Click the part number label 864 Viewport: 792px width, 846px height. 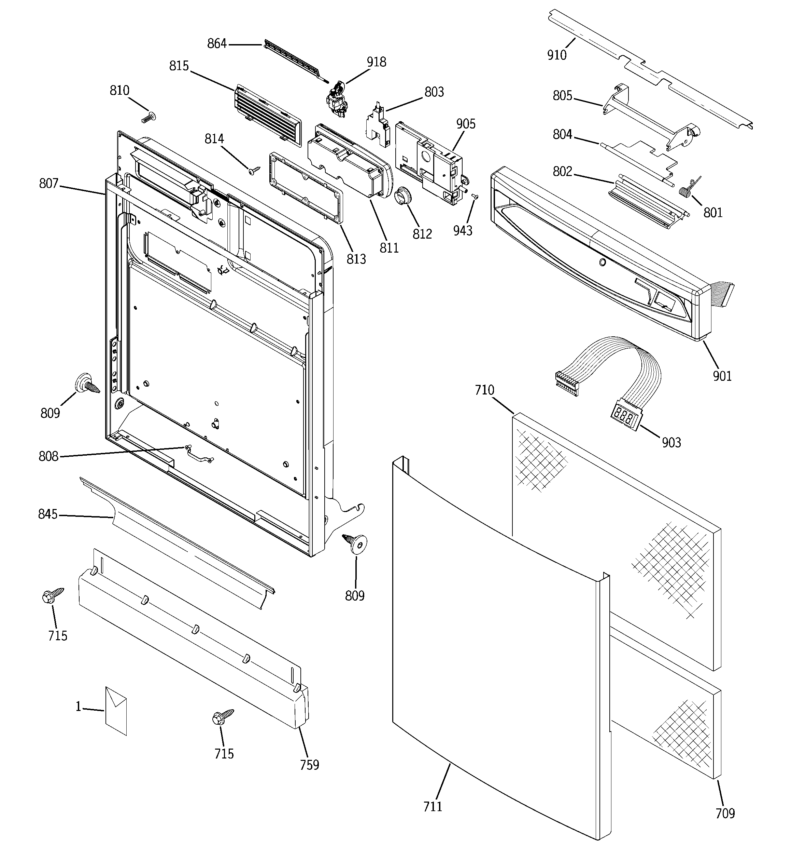(217, 44)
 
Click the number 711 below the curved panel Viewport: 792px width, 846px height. (433, 806)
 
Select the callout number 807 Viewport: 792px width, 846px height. (48, 184)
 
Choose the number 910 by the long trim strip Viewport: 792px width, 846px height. (556, 55)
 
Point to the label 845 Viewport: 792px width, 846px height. (47, 514)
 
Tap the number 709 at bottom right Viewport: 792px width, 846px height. (725, 813)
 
